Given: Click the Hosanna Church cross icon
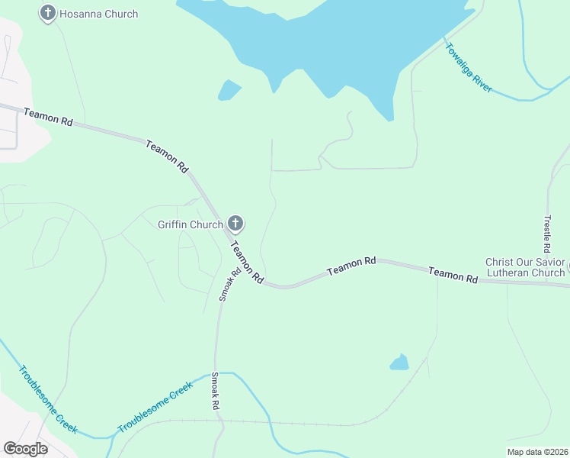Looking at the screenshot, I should pos(48,13).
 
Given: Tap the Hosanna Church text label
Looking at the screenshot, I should pos(101,14).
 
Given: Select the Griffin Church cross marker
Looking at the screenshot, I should pos(235,224).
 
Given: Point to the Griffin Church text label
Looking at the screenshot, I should pos(190,224).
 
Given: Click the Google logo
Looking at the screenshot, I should pos(25,449).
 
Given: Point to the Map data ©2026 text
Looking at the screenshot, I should pos(536,452).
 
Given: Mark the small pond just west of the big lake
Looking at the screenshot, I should pos(228,90).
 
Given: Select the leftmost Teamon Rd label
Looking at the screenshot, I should pos(47,117).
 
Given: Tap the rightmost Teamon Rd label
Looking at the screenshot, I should pos(453,275).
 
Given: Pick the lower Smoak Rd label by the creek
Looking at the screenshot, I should pos(216,392).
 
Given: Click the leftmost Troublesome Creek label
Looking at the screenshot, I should pos(48,401).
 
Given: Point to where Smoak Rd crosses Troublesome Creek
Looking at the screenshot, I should pos(215,374).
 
